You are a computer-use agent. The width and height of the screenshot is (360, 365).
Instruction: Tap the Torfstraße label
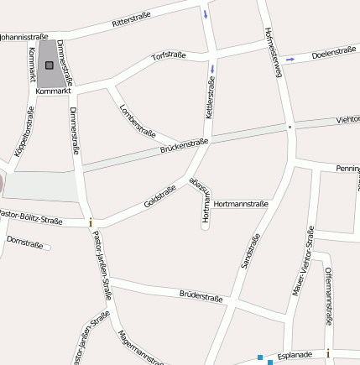(168, 56)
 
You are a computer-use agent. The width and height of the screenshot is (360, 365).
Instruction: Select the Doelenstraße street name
(333, 54)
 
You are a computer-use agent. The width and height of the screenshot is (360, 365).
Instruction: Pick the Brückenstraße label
(183, 148)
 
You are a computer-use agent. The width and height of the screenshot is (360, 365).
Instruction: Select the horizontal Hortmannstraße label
(241, 204)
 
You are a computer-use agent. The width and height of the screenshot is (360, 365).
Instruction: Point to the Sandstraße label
(250, 251)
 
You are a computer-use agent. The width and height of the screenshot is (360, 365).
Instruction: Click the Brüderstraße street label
(201, 296)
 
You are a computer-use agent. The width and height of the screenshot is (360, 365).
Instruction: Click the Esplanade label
(294, 354)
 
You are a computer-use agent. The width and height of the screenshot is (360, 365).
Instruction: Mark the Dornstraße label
(24, 242)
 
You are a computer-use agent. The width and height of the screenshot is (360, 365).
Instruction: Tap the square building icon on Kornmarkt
(49, 65)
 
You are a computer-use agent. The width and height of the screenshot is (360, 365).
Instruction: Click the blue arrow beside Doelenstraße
(290, 59)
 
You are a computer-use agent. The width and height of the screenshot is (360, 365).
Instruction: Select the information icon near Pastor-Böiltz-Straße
(90, 222)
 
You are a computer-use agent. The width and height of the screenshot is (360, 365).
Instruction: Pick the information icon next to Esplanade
(328, 353)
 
